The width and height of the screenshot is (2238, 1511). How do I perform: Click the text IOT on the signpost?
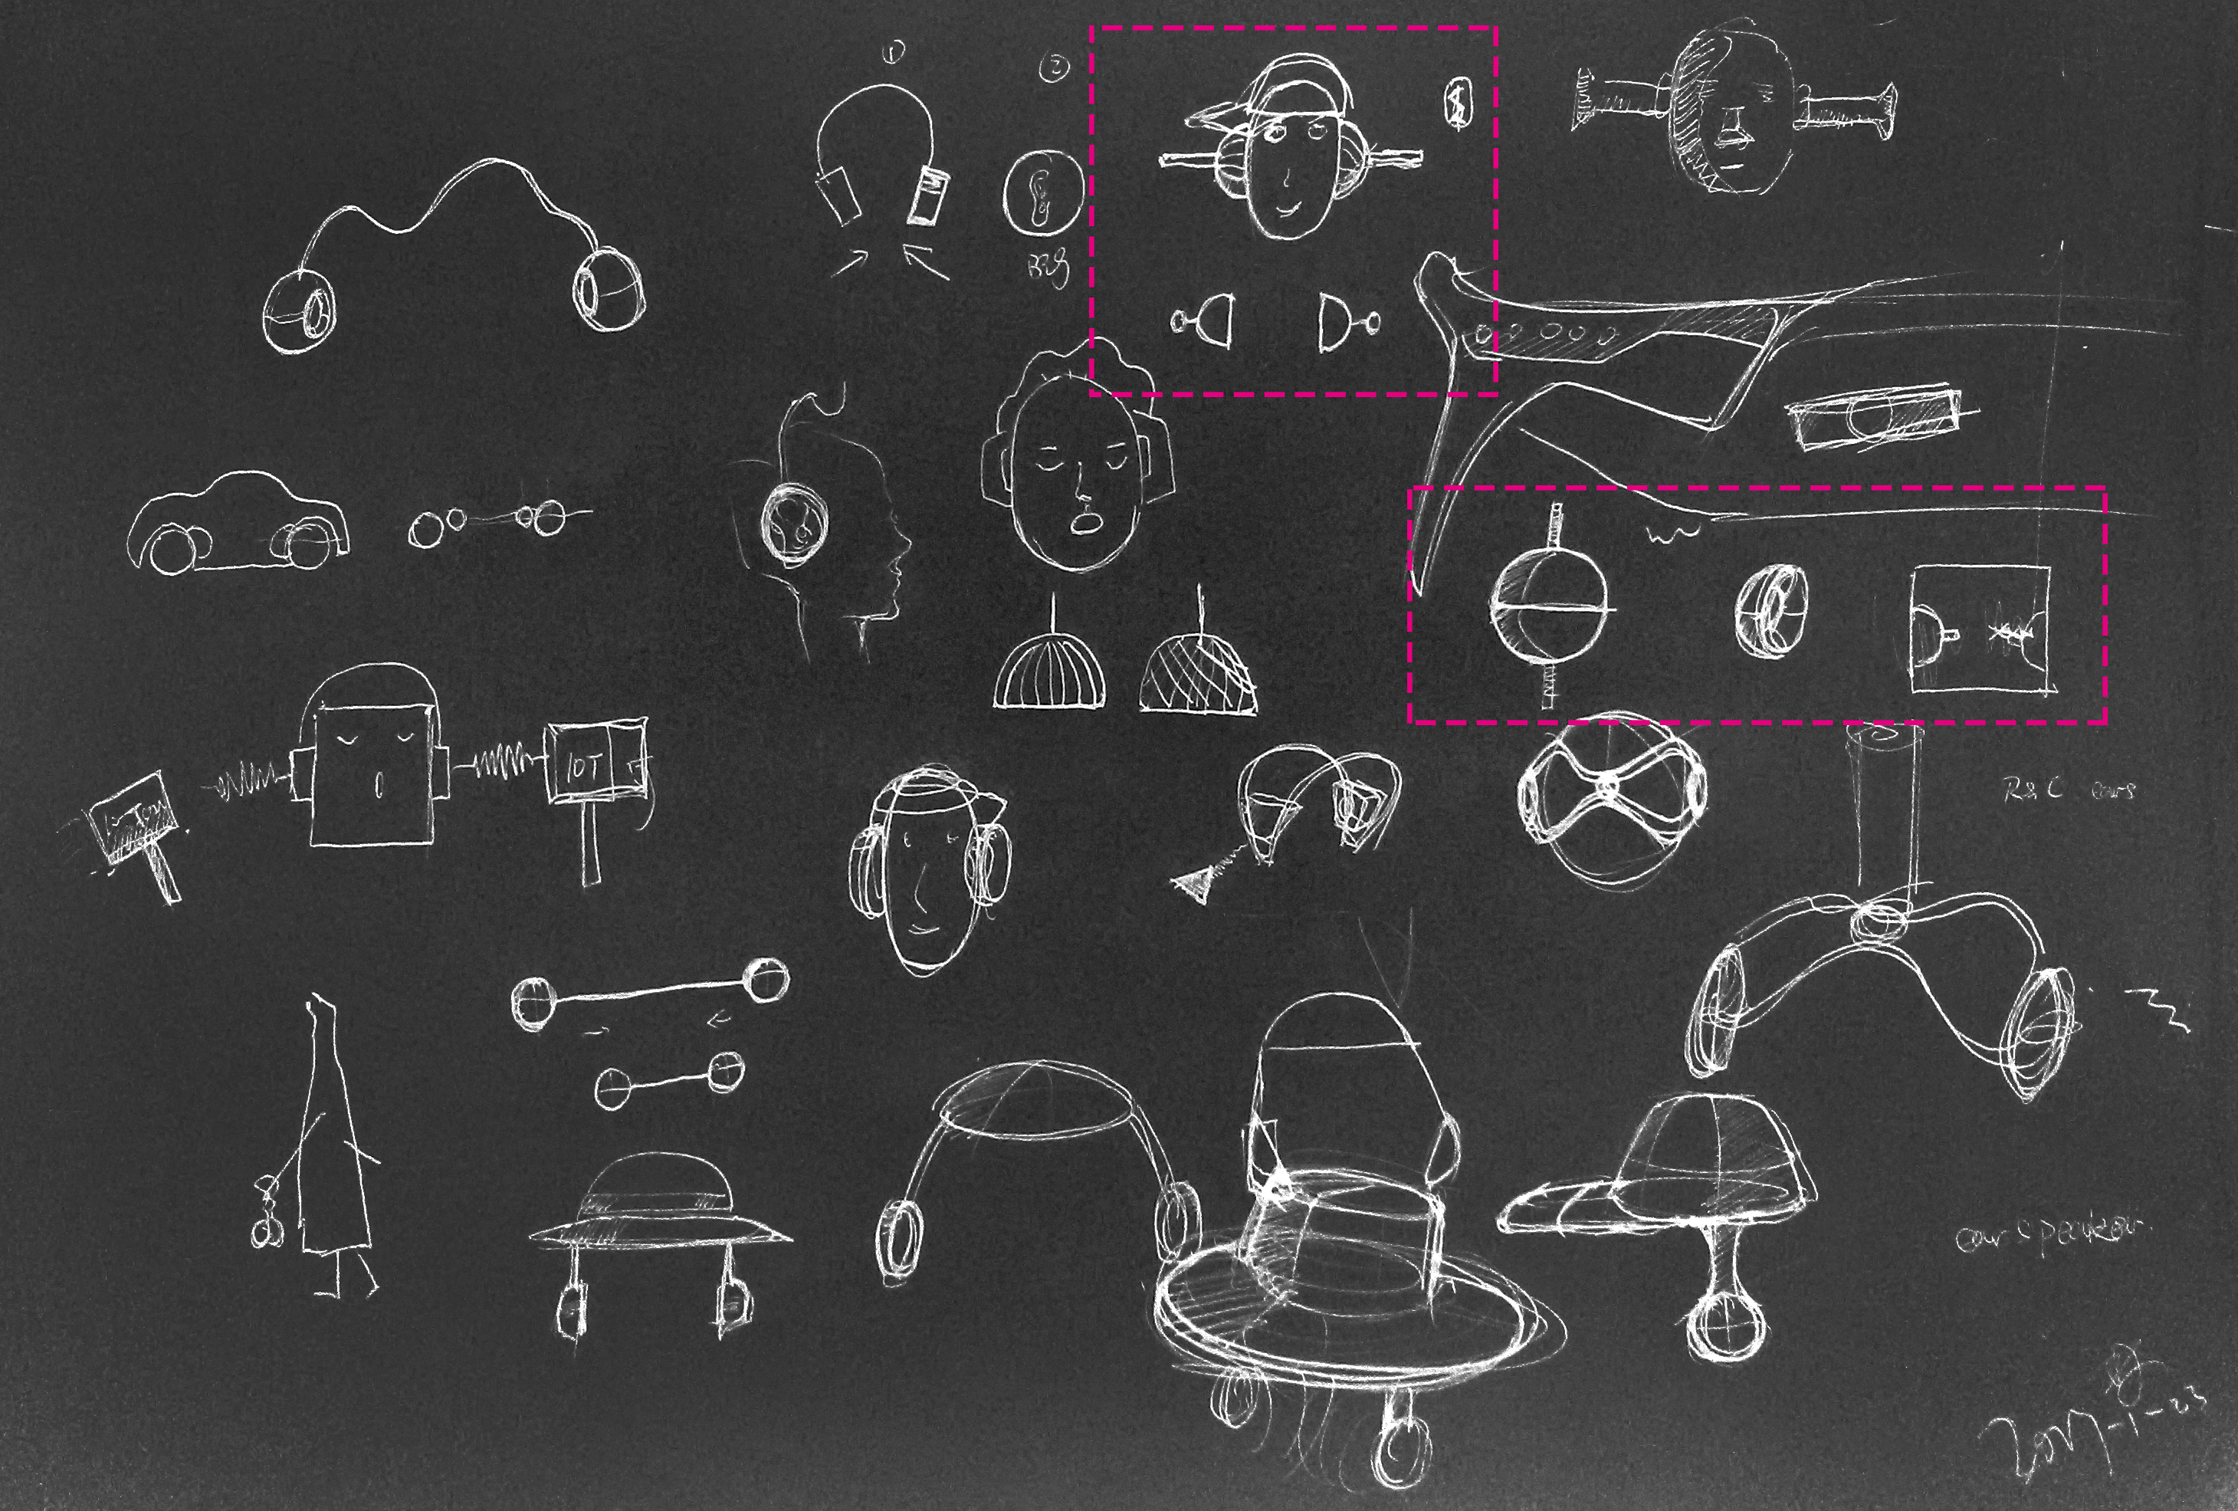(585, 767)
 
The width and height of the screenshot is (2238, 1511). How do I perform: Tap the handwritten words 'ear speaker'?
(2047, 1233)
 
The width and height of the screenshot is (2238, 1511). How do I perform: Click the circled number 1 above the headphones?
(894, 53)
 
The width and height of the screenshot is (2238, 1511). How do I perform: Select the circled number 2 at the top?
(1055, 67)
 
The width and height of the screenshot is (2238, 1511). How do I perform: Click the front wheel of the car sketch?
(173, 549)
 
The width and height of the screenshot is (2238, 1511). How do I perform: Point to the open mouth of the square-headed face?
(379, 785)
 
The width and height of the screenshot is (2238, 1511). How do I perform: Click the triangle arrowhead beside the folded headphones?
(1195, 883)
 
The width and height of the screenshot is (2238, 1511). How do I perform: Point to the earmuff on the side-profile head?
(796, 525)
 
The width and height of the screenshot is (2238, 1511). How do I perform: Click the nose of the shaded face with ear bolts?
(1731, 125)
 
